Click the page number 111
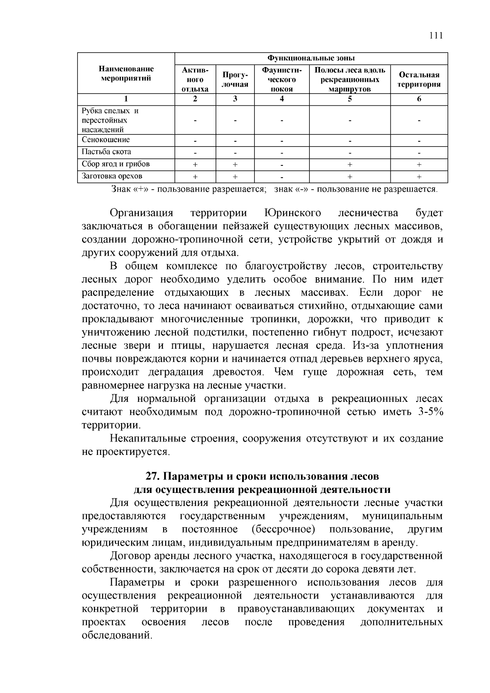436,35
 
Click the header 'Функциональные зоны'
311,58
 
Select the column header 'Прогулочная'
235,79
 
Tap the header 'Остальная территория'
419,79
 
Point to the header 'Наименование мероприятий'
126,74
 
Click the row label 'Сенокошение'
106,140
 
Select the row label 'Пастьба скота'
107,152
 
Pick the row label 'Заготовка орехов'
112,176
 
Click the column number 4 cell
281,99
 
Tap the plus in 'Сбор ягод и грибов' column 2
195,165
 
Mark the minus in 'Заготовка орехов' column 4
281,177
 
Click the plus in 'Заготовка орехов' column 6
419,177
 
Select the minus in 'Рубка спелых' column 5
350,121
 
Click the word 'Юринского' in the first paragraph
292,213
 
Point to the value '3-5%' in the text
430,412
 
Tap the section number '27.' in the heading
153,476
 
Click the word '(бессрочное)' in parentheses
283,529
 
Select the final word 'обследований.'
117,636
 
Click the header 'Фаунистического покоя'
281,79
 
